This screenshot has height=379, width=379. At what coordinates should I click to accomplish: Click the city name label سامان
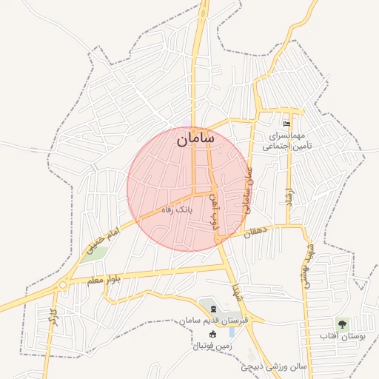tap(195, 138)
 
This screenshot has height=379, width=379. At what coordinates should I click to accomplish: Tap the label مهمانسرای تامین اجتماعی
tap(291, 141)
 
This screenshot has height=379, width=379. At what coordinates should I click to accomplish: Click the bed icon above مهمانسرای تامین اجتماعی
tap(286, 124)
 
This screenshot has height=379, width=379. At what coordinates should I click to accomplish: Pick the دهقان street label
tap(258, 232)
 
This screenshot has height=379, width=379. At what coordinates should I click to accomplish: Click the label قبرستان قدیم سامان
tap(218, 322)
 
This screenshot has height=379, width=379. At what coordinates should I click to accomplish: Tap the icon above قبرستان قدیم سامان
tap(213, 309)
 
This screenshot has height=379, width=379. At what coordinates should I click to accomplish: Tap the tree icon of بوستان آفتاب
tap(341, 324)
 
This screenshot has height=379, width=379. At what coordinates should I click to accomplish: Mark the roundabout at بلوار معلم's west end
tap(63, 284)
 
